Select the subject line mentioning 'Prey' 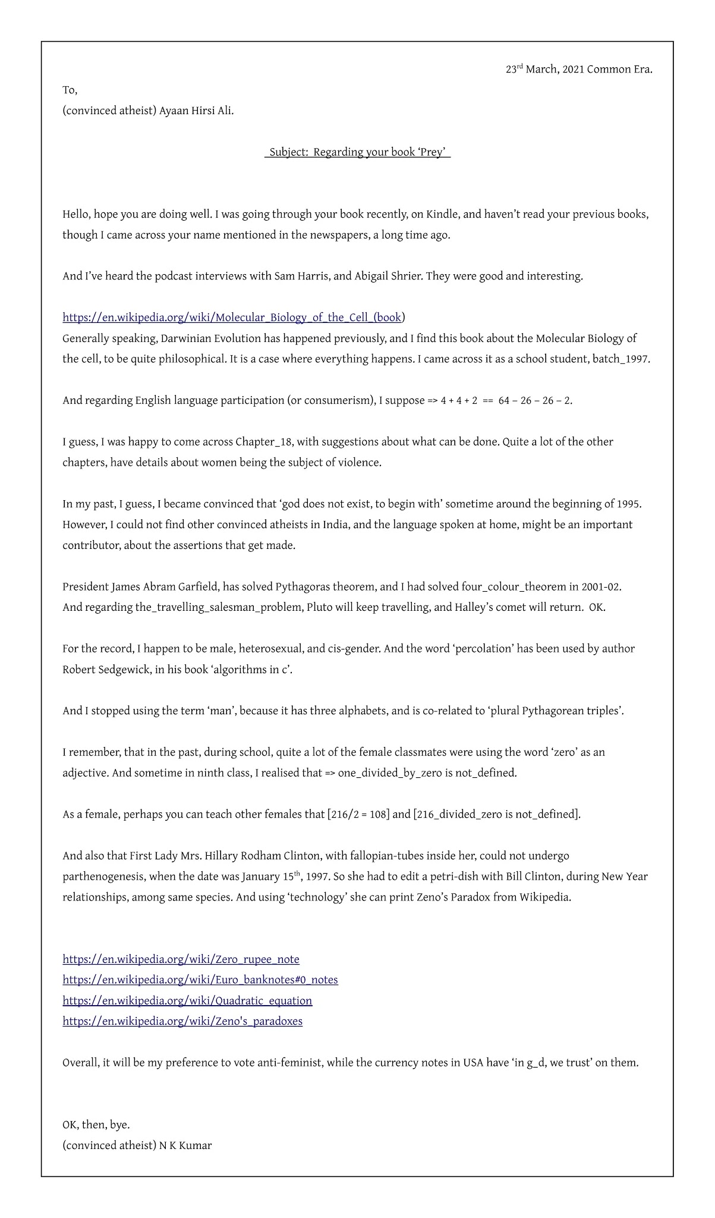[x=357, y=152]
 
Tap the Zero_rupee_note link [x=181, y=959]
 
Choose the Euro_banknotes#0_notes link [x=200, y=980]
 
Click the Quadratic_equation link [x=187, y=1000]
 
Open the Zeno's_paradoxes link [x=182, y=1021]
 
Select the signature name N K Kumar [x=185, y=1145]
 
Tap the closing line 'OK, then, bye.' [x=96, y=1125]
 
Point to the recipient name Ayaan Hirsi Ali [x=196, y=111]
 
